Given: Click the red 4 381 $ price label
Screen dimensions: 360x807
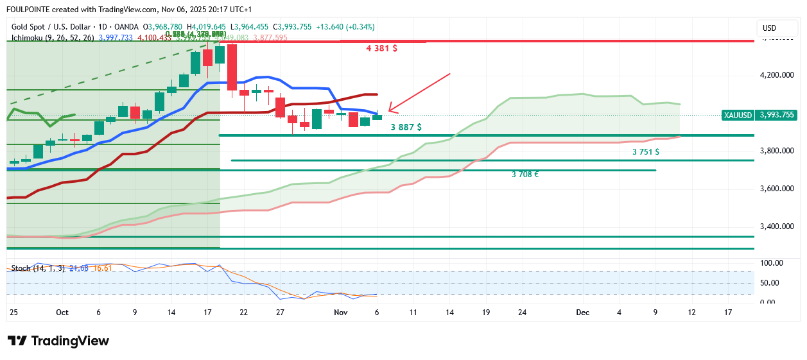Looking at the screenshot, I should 381,48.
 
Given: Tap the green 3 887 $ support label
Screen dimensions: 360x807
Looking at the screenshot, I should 406,127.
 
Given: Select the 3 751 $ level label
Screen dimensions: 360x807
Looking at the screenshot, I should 646,152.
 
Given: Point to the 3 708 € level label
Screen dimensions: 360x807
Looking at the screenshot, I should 525,174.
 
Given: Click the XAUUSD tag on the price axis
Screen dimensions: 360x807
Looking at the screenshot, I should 738,115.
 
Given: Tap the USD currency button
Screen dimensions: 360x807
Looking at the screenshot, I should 769,28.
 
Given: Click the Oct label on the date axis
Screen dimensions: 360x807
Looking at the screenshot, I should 62,313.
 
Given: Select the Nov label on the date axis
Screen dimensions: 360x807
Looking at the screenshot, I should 340,313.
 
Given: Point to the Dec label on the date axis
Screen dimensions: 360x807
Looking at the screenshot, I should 582,313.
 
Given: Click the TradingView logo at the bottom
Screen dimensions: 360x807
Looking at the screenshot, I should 58,341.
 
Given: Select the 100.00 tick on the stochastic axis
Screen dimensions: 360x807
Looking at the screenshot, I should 771,263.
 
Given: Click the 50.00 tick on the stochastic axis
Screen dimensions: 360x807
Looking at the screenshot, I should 771,283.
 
